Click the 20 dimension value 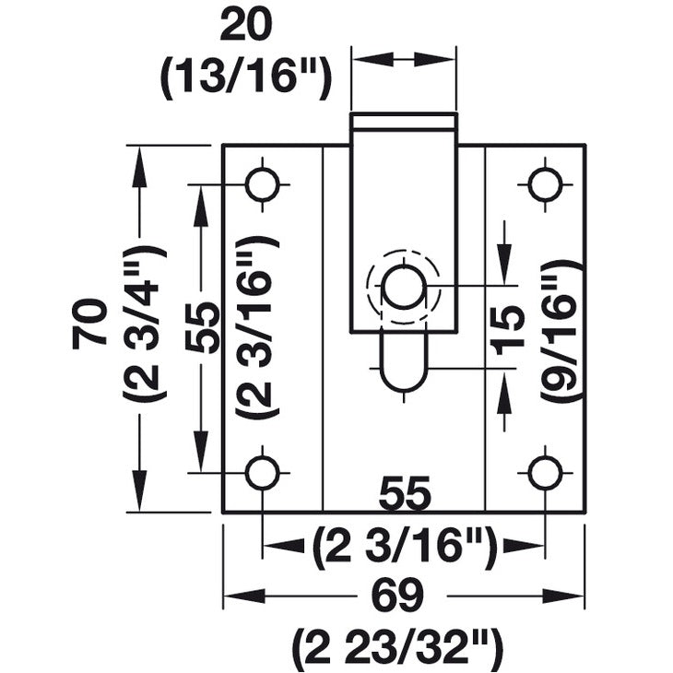[246, 26]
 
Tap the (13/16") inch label [246, 79]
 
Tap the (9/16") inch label [561, 329]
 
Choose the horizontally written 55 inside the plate [404, 496]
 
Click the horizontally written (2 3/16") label [404, 549]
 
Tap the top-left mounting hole [263, 184]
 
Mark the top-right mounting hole [545, 184]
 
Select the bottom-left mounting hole [263, 472]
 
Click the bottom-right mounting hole [545, 472]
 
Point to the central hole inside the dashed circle [404, 288]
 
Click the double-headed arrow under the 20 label [404, 58]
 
